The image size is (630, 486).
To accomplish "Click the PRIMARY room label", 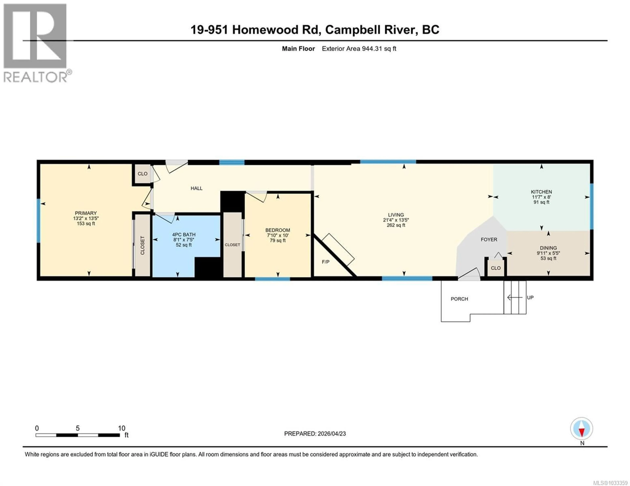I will point(86,213).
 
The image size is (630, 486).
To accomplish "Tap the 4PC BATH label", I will point(184,235).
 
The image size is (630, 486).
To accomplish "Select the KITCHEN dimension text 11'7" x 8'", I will point(541,197).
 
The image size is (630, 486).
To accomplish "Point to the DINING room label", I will point(548,248).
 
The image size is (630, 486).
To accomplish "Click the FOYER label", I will point(489,239).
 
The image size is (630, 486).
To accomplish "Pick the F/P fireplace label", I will point(326,262).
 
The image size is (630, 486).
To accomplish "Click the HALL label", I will point(196,188).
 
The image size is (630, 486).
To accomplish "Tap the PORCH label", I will point(459,299).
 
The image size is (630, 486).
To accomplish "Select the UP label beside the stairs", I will point(530,297).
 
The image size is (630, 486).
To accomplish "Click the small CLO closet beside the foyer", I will point(496,268).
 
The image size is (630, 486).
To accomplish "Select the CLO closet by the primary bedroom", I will point(143,174).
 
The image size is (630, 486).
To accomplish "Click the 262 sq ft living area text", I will point(396,225).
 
